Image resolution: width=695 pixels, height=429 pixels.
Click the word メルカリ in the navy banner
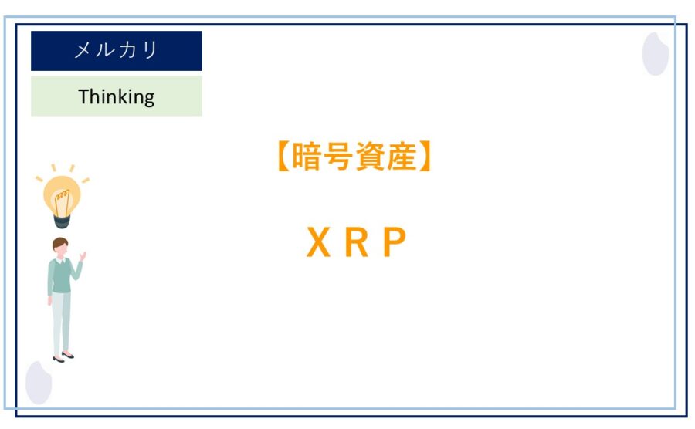tap(116, 49)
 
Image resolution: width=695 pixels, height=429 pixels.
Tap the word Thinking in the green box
tap(116, 96)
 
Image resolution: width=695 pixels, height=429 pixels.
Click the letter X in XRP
tap(318, 242)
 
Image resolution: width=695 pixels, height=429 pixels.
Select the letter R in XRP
tap(356, 242)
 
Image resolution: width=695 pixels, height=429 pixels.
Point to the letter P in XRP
tap(395, 242)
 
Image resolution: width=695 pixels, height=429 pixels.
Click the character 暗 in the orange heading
tap(307, 156)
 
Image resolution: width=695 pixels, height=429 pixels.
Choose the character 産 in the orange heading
tap(402, 156)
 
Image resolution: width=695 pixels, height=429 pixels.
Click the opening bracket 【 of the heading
tap(283, 156)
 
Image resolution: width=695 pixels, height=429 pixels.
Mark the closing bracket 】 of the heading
tap(425, 156)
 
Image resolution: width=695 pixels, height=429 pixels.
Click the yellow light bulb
tap(62, 197)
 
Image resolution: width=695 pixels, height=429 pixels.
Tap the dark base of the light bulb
tap(62, 221)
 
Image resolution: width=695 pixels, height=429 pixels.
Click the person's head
tap(59, 247)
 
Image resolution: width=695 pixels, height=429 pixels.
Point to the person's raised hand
tap(83, 256)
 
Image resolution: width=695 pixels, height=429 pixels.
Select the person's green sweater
tap(61, 277)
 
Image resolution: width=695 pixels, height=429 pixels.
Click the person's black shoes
tap(63, 356)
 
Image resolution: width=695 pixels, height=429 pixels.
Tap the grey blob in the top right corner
tap(656, 53)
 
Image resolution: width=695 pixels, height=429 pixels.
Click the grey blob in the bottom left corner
tap(39, 383)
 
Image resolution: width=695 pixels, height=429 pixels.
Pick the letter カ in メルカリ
tap(127, 49)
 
